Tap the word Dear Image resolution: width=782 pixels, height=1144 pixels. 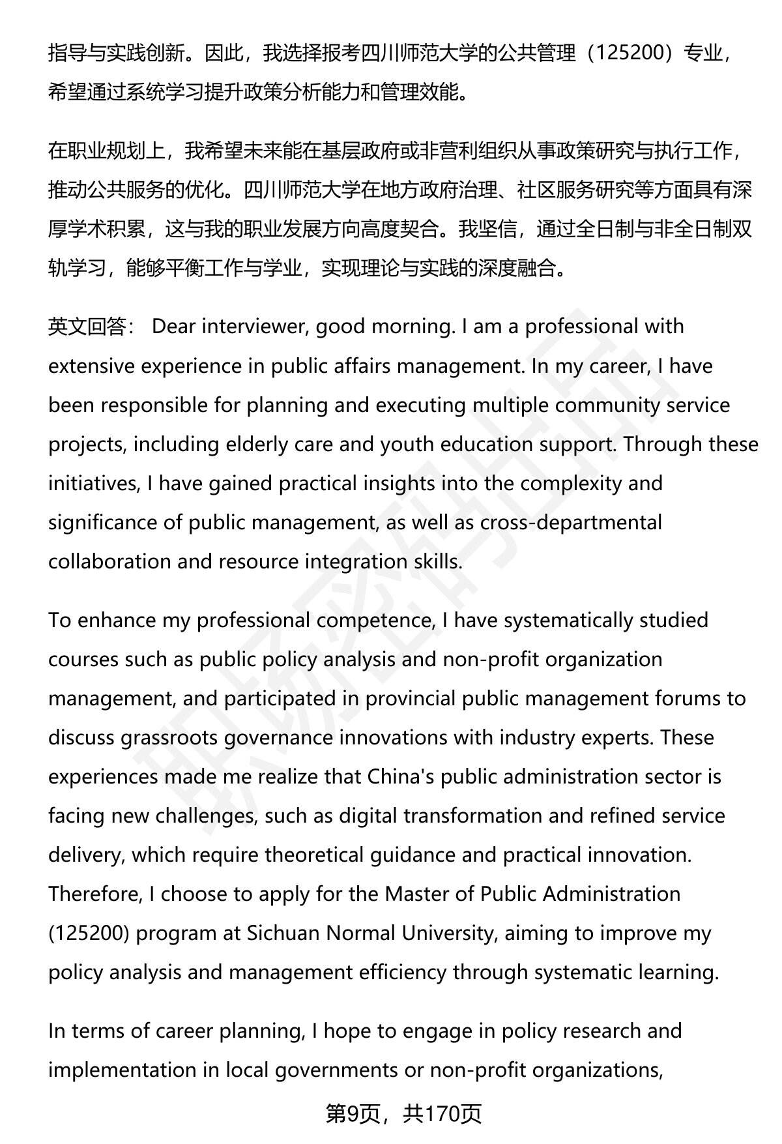click(173, 327)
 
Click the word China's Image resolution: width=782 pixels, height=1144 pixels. click(397, 777)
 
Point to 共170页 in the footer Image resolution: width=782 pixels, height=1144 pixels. click(442, 1115)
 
